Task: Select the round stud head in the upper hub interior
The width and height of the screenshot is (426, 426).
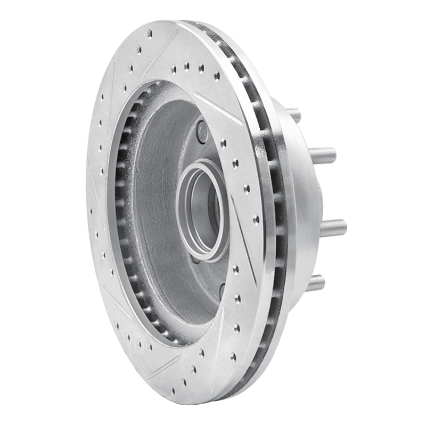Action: point(202,131)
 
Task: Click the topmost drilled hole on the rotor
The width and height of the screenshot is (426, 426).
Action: point(150,33)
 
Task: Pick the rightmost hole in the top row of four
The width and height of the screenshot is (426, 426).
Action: point(217,76)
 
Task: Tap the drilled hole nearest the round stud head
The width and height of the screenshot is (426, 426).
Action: point(224,143)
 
